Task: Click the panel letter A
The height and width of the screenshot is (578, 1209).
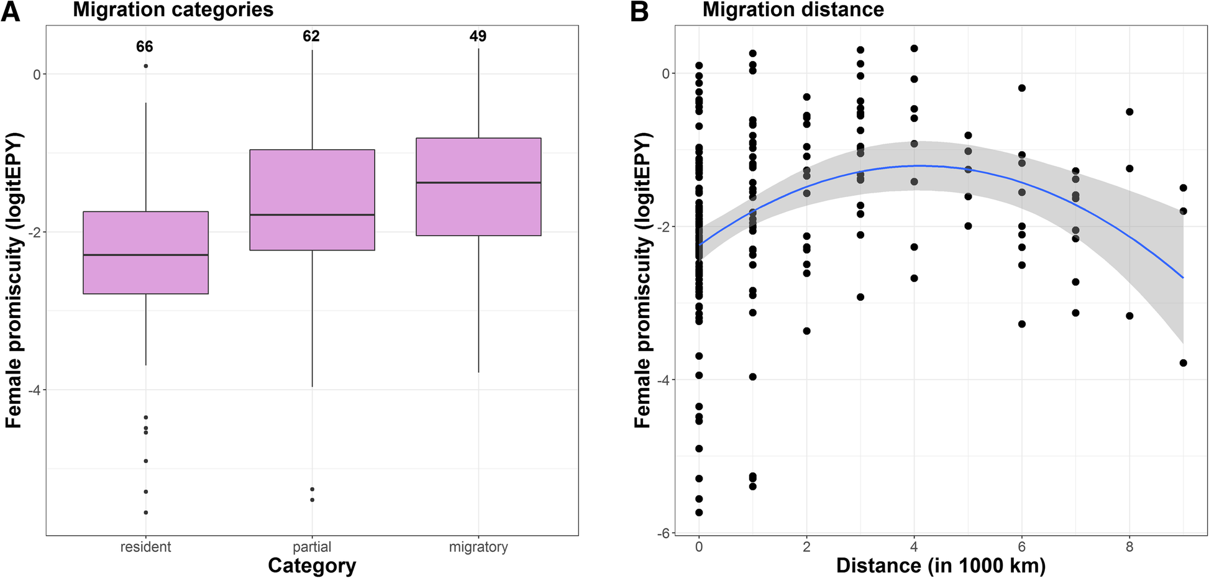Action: [11, 11]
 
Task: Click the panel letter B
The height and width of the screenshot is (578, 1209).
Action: [639, 11]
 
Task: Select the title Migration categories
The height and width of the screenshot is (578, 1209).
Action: [173, 10]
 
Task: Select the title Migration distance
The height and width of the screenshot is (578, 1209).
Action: [793, 10]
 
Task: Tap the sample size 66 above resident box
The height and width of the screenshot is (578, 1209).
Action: [145, 47]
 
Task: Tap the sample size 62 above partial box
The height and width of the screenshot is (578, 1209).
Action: [311, 36]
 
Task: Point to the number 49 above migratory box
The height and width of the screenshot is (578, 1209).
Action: [478, 36]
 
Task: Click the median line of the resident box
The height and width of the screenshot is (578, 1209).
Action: [145, 255]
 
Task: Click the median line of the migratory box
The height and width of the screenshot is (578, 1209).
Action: [478, 183]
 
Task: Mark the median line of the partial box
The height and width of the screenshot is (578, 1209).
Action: [312, 214]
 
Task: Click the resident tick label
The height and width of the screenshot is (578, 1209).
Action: [145, 547]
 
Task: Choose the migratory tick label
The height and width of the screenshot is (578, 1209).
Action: [478, 547]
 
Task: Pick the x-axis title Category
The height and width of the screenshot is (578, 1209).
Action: [312, 566]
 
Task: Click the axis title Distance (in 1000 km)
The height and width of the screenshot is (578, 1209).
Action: [941, 566]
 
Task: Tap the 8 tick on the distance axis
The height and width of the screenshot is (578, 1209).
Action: [1129, 547]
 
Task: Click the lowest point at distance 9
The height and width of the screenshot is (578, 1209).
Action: [1183, 363]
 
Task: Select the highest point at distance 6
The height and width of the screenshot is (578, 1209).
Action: [1021, 88]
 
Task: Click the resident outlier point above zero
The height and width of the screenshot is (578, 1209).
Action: [145, 66]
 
